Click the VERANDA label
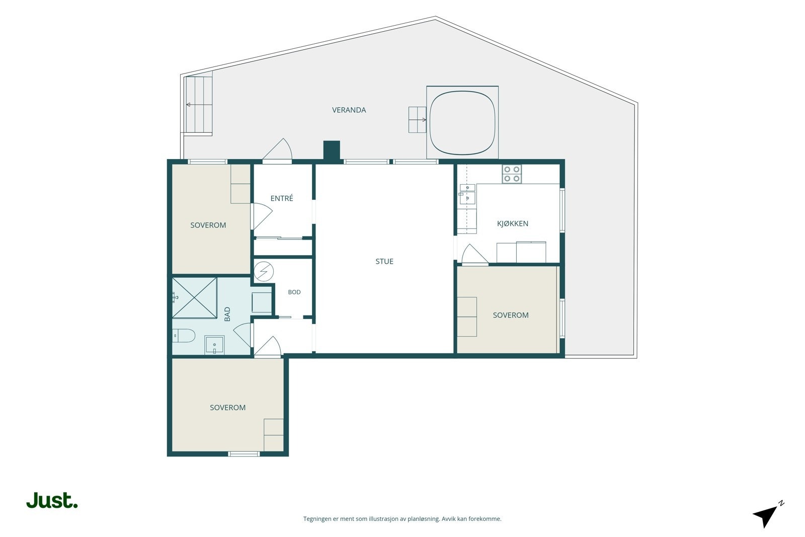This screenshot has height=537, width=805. point(349,110)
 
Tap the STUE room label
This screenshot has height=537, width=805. point(384,261)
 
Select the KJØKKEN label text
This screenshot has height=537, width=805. point(513,223)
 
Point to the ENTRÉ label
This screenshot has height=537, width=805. point(282,198)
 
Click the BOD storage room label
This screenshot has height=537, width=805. point(294,292)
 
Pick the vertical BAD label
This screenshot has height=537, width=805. point(227,314)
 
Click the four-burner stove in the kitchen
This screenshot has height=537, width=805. point(512,174)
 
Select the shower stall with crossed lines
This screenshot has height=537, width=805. point(194,297)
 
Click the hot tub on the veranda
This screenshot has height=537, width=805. point(462,123)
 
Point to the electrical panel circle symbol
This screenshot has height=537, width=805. point(264,271)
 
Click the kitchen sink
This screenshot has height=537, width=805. point(467,194)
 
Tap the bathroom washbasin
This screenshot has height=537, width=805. point(214,345)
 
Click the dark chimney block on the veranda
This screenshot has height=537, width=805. point(332,150)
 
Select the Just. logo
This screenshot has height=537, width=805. point(52,500)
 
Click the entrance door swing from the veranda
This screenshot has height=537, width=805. point(277,149)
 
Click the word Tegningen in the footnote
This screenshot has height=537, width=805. point(317,519)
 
